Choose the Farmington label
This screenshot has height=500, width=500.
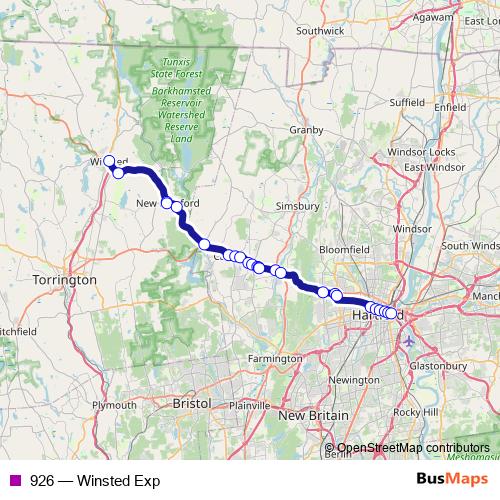[275, 358]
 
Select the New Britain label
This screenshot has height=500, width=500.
[313, 415]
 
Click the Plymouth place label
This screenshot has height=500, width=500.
[113, 405]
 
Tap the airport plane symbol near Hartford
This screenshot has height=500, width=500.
[409, 341]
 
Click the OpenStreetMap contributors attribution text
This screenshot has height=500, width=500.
[413, 448]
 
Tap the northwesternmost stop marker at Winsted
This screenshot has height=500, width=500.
[109, 160]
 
